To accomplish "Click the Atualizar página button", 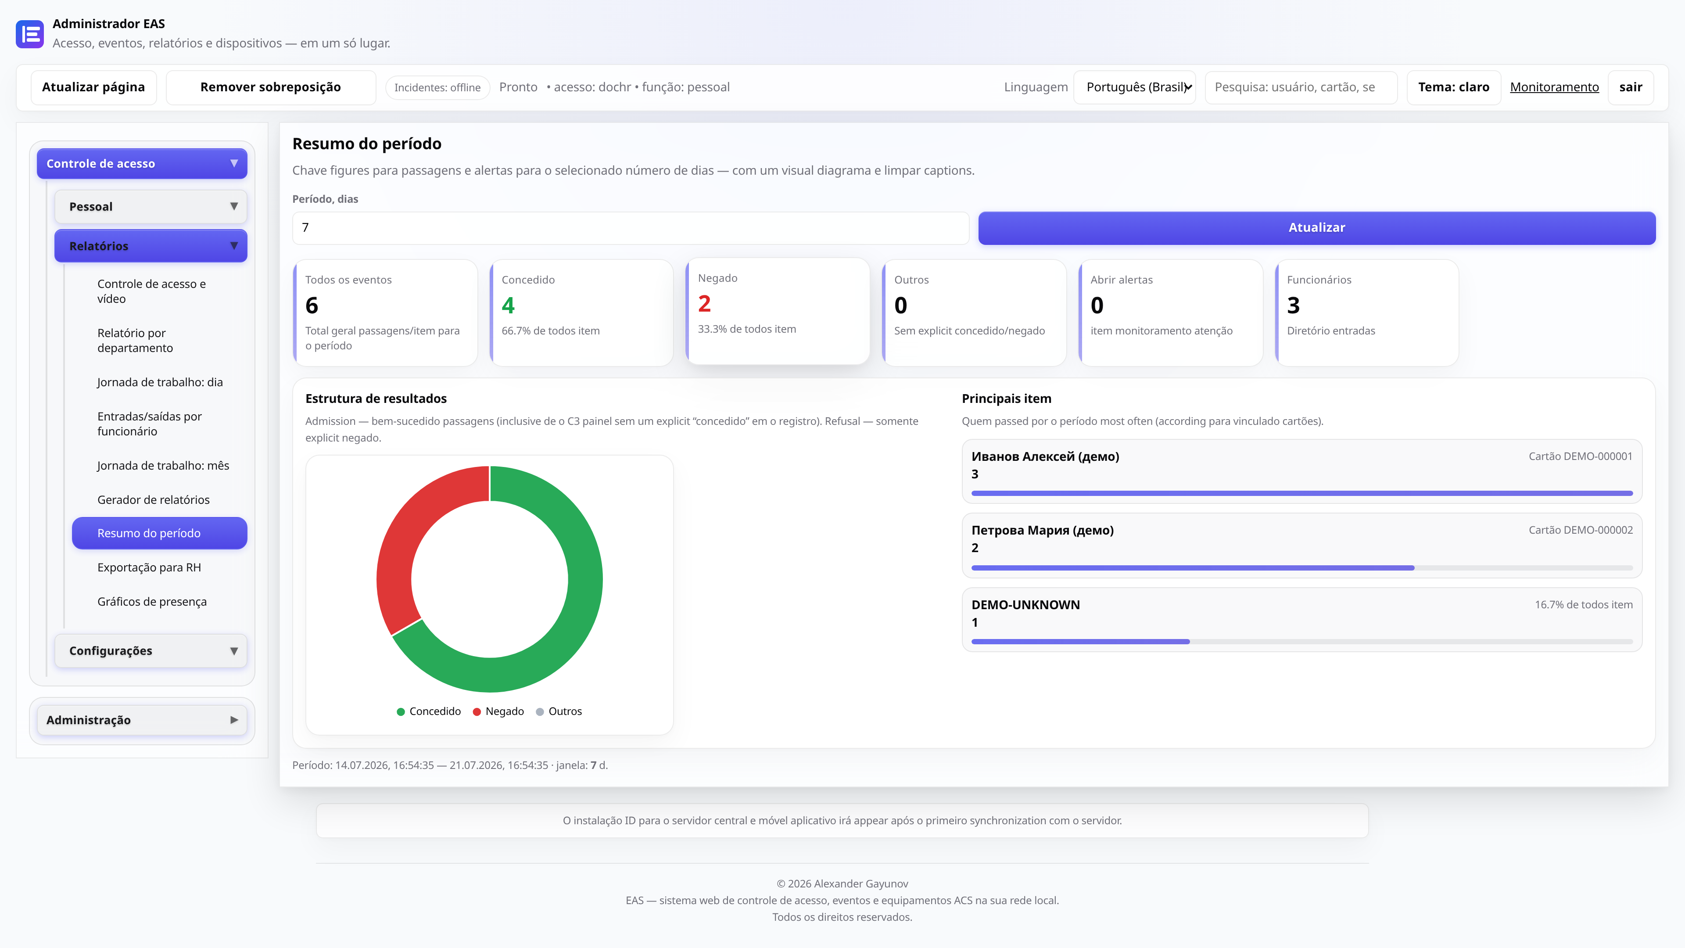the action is [93, 87].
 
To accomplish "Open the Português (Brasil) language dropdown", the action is [1134, 87].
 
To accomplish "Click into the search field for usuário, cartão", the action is [1300, 87].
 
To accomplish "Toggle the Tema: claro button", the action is [1453, 87].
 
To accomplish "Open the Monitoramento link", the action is [1554, 87].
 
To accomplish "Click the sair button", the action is [1631, 87].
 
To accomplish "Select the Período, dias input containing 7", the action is [630, 228].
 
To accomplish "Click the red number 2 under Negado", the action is [704, 304].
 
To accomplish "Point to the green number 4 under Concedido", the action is [508, 305].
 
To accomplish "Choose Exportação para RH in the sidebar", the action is [149, 567].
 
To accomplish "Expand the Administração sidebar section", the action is [142, 720].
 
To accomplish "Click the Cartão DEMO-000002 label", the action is [1580, 530].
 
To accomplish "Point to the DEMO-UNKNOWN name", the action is [1025, 604].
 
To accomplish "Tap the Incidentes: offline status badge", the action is [437, 88].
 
